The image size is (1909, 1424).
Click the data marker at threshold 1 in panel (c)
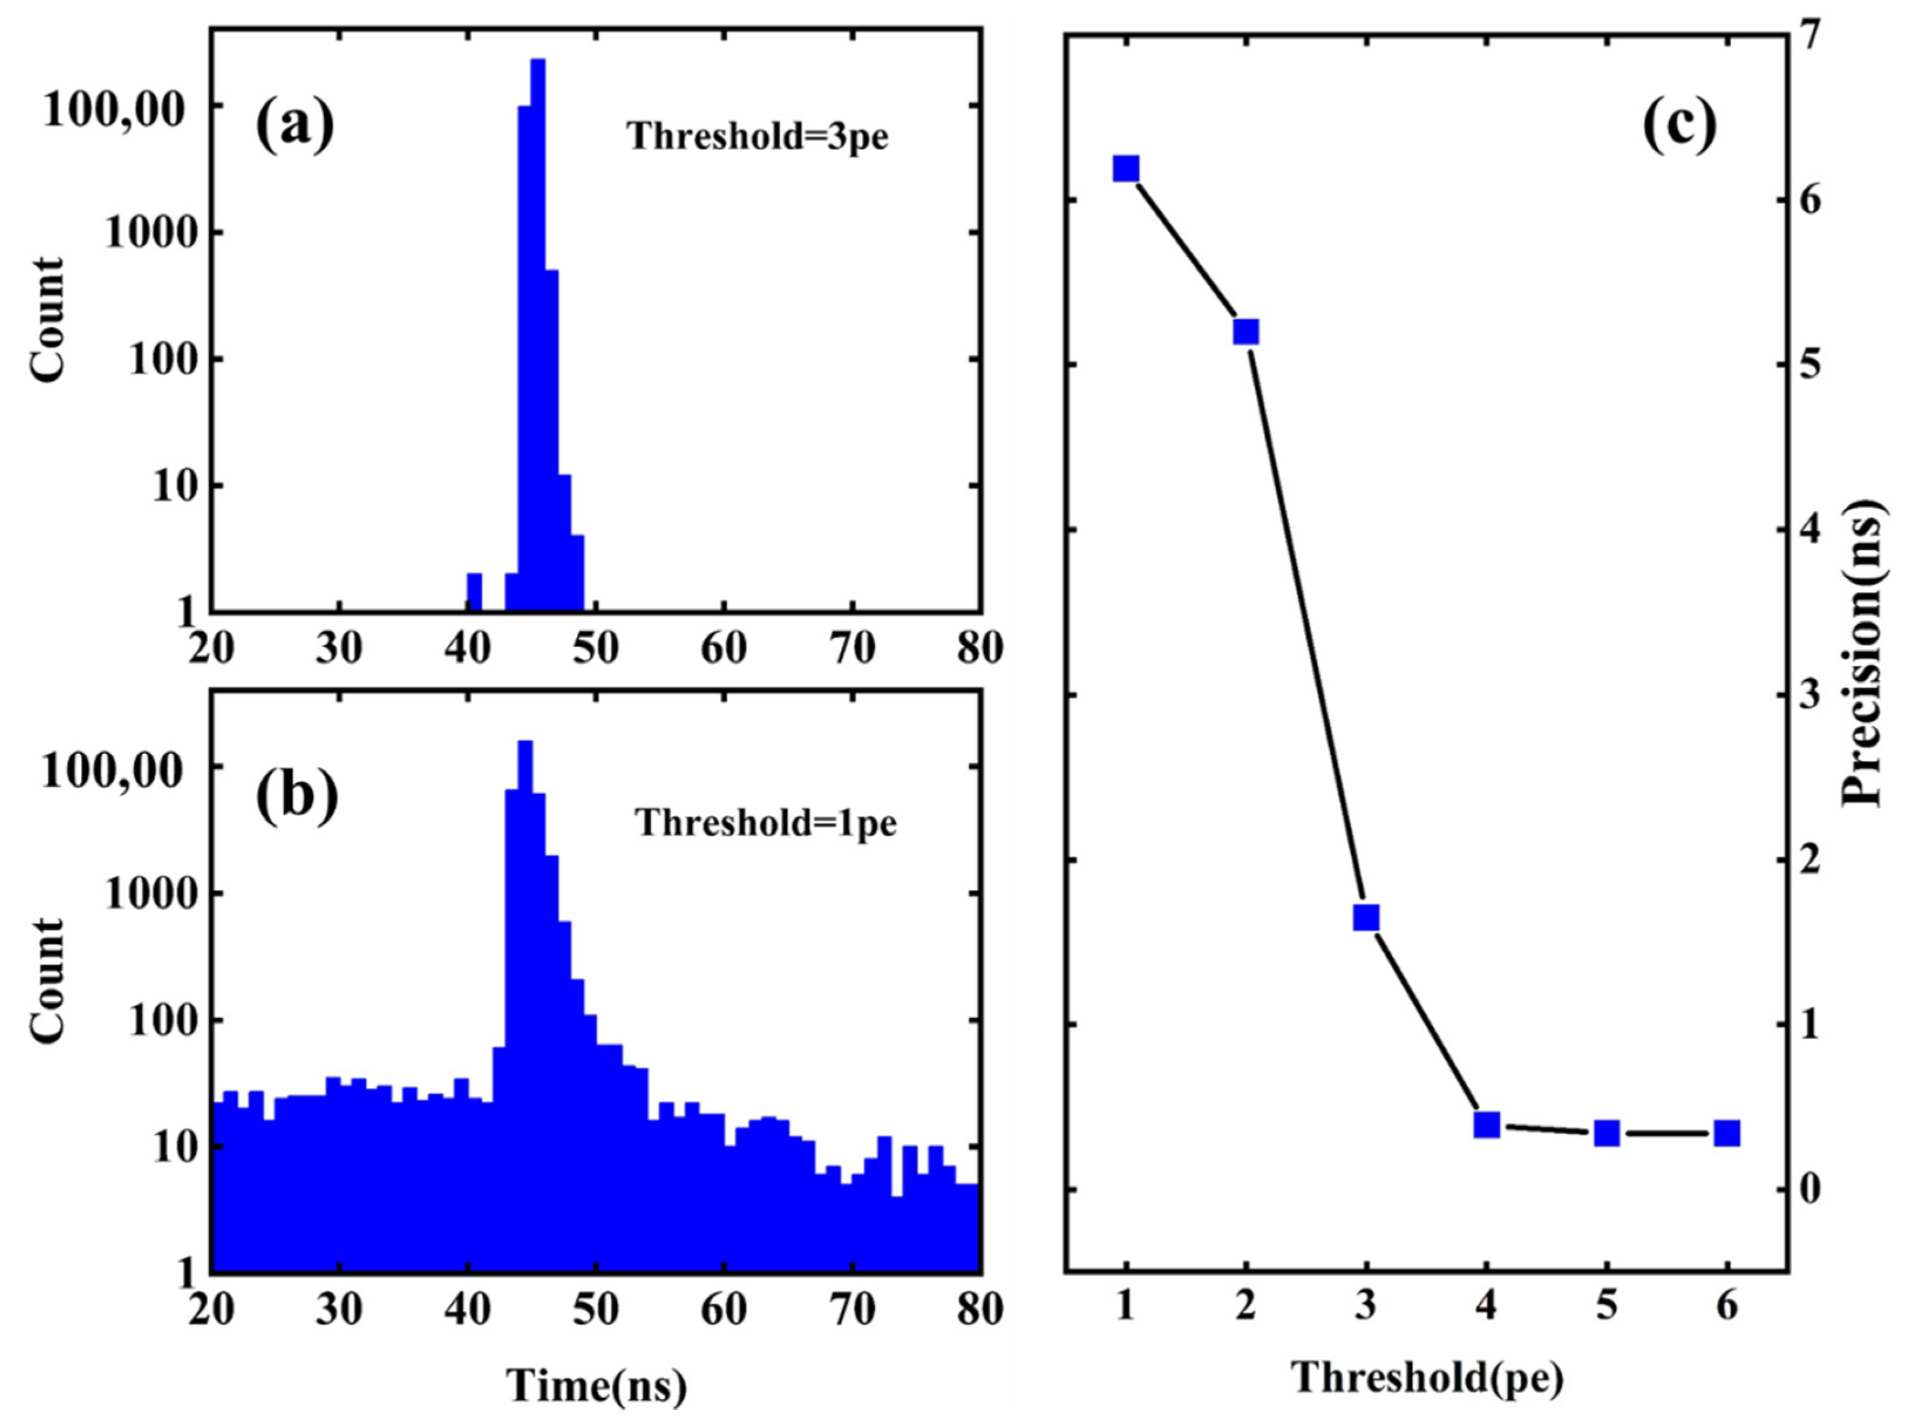(1126, 169)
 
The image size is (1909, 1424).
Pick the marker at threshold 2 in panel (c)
(1245, 332)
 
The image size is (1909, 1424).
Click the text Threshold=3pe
(758, 136)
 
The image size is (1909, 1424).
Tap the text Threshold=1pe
(766, 823)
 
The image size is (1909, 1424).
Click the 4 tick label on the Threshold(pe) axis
(1486, 1308)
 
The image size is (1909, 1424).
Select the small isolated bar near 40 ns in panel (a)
(474, 592)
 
